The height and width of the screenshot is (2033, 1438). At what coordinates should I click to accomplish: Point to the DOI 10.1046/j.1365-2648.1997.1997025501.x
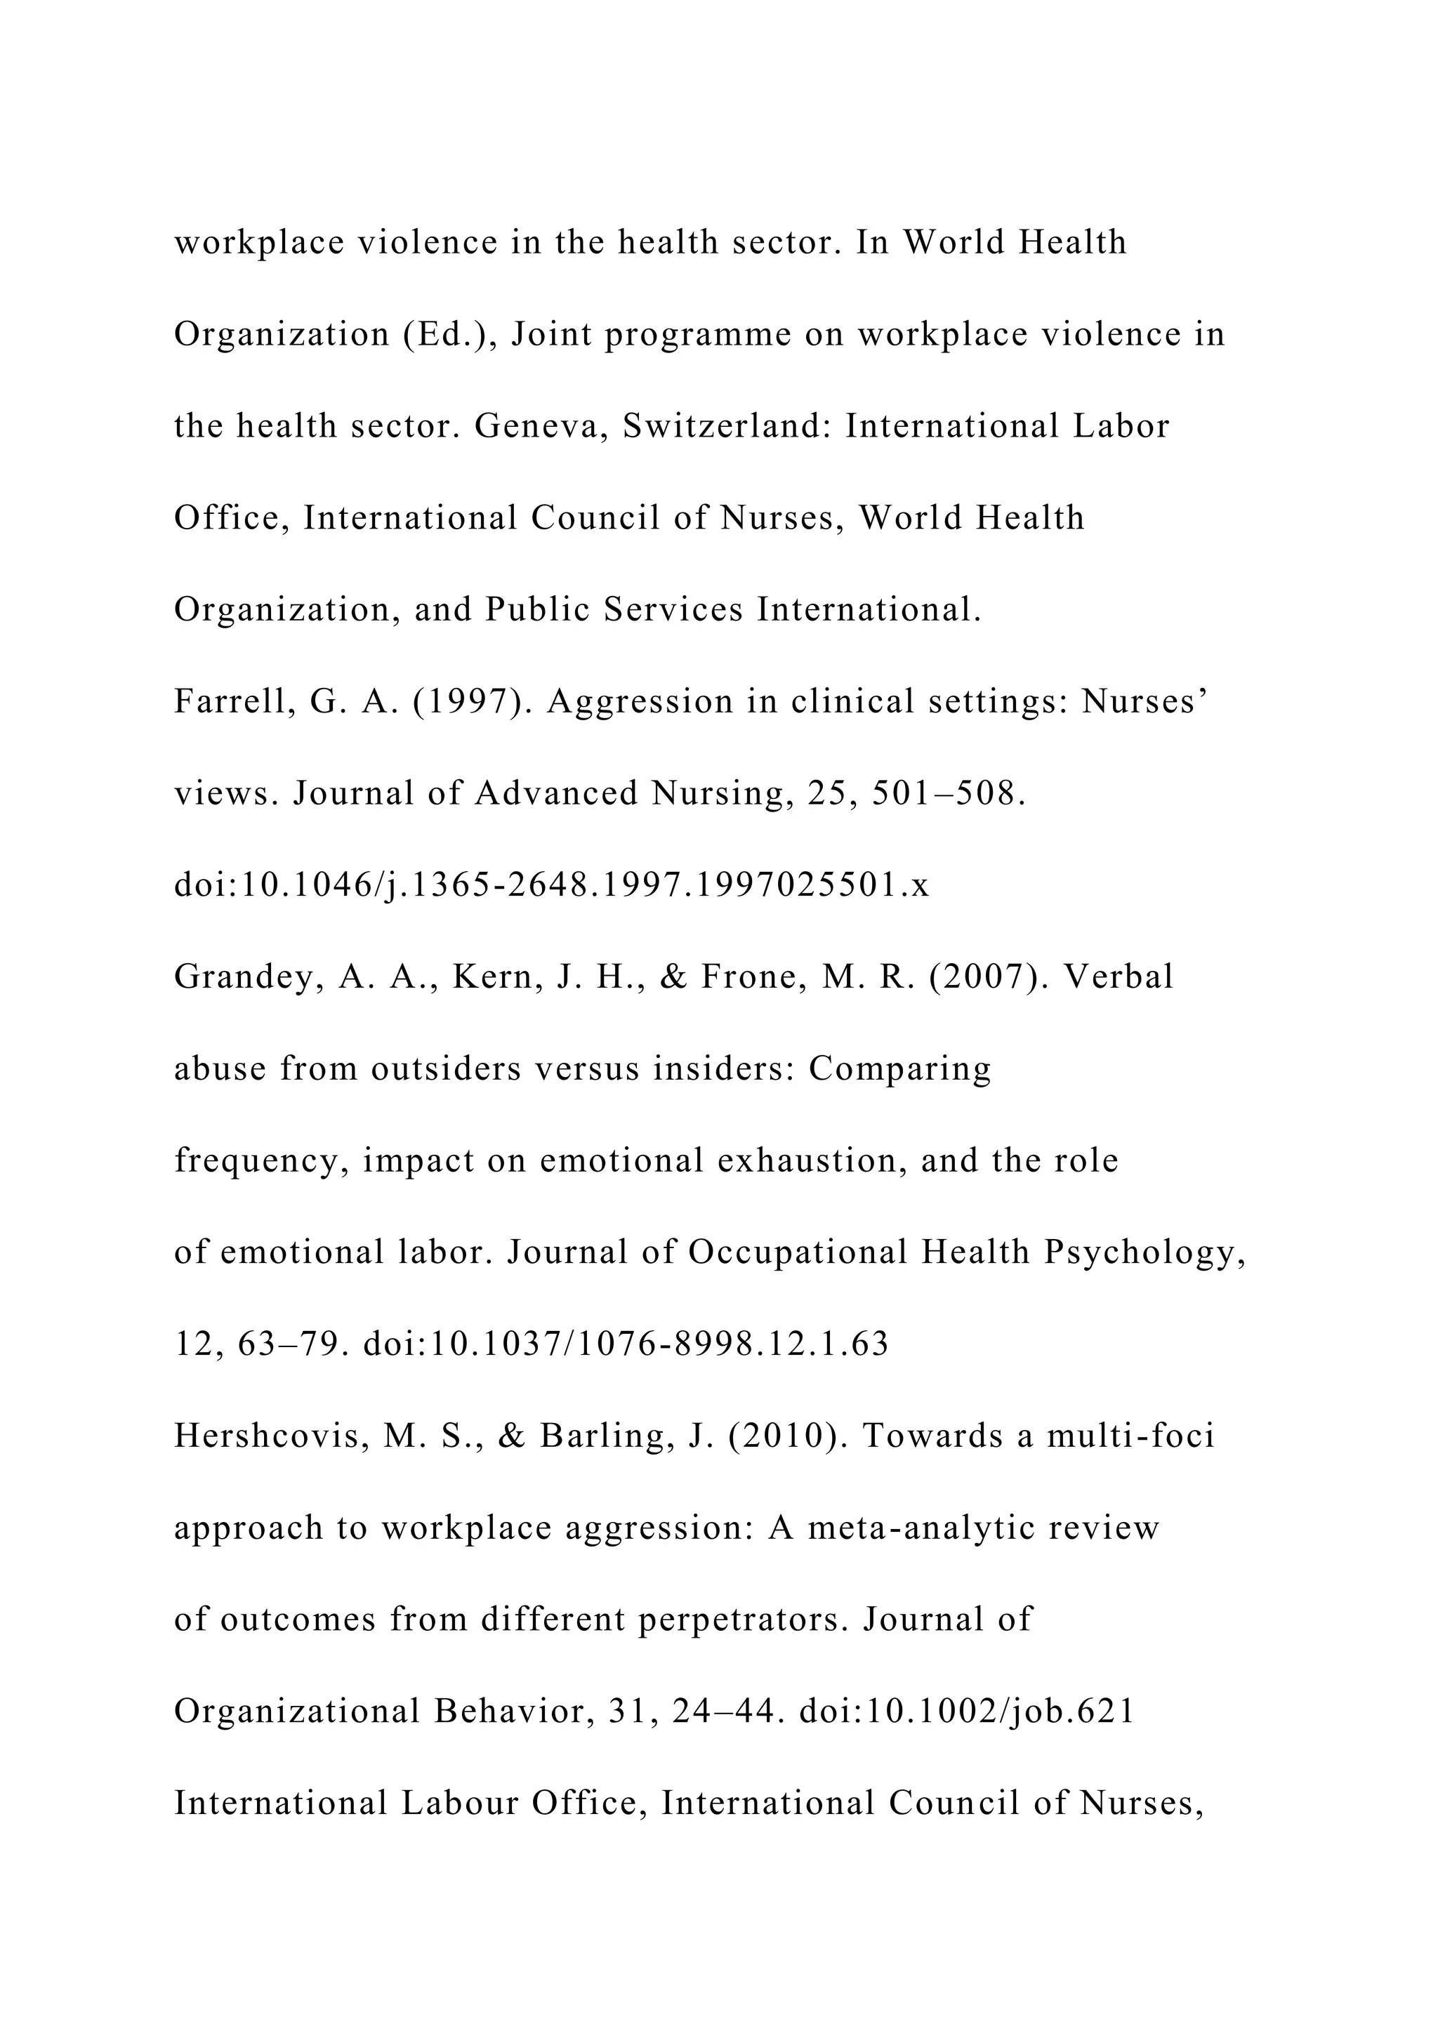[552, 885]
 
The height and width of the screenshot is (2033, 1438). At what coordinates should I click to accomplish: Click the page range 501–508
[947, 793]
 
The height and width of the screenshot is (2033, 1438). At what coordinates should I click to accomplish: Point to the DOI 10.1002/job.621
[967, 1711]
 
